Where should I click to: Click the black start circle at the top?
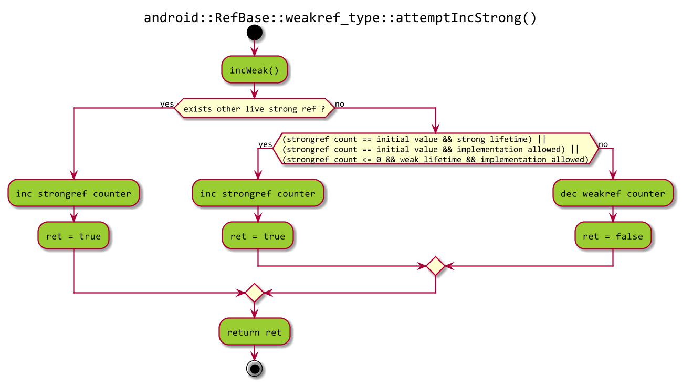pyautogui.click(x=254, y=33)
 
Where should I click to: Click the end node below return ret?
pyautogui.click(x=254, y=369)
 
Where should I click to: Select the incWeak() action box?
pyautogui.click(x=255, y=70)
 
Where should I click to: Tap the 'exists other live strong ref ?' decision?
pyautogui.click(x=254, y=109)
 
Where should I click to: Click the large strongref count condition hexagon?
pyautogui.click(x=435, y=149)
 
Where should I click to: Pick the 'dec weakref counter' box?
pyautogui.click(x=613, y=193)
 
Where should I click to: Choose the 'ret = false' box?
pyautogui.click(x=613, y=236)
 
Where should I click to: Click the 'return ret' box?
pyautogui.click(x=254, y=332)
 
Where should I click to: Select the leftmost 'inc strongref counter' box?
pyautogui.click(x=74, y=193)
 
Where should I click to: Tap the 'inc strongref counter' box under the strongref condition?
pyautogui.click(x=258, y=193)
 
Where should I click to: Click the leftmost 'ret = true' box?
pyautogui.click(x=74, y=236)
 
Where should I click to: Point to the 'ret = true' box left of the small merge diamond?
pyautogui.click(x=258, y=236)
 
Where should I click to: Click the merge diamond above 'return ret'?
pyautogui.click(x=254, y=293)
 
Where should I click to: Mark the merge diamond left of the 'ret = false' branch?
pyautogui.click(x=435, y=266)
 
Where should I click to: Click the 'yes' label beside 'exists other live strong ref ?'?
pyautogui.click(x=167, y=104)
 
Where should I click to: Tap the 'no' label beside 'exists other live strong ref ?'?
pyautogui.click(x=340, y=104)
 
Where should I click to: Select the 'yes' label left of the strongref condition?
pyautogui.click(x=265, y=144)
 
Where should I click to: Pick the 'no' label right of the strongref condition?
pyautogui.click(x=603, y=144)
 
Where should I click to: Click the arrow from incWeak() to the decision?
pyautogui.click(x=254, y=91)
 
